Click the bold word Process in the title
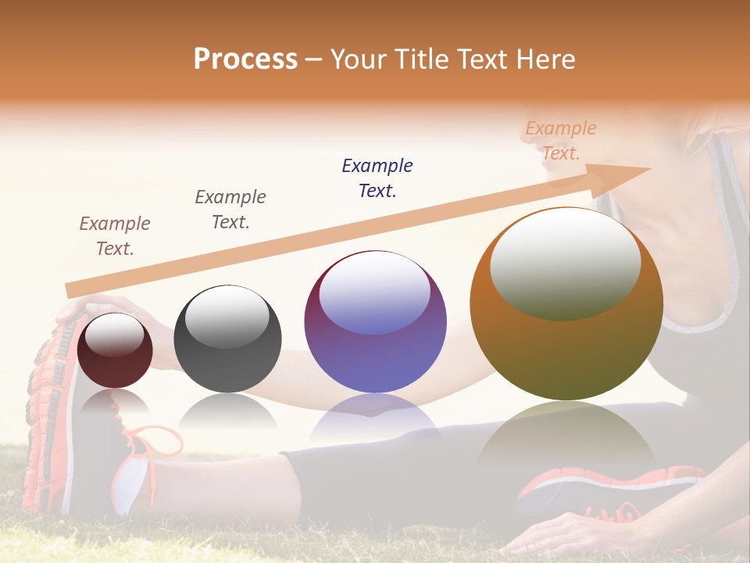(245, 59)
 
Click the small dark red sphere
(115, 351)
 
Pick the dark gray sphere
(227, 339)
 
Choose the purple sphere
(375, 322)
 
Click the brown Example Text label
(115, 236)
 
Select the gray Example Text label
(230, 210)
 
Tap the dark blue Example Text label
(377, 178)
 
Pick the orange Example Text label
(561, 141)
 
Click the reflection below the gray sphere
(227, 411)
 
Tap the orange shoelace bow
(160, 442)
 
